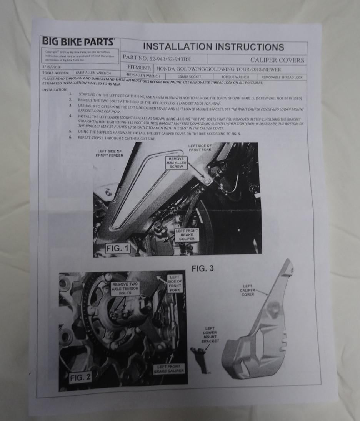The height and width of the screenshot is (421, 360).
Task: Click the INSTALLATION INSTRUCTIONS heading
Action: [213, 47]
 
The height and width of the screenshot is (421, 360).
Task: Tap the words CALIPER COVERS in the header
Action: [277, 60]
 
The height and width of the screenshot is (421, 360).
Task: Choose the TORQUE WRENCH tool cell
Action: [234, 77]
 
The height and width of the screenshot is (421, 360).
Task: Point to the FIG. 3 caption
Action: [202, 269]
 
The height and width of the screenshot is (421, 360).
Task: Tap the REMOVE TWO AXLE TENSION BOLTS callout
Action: [125, 288]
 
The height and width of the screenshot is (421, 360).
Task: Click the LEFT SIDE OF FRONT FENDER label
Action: [110, 153]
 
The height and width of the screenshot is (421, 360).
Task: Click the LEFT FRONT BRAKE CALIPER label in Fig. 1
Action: [187, 234]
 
